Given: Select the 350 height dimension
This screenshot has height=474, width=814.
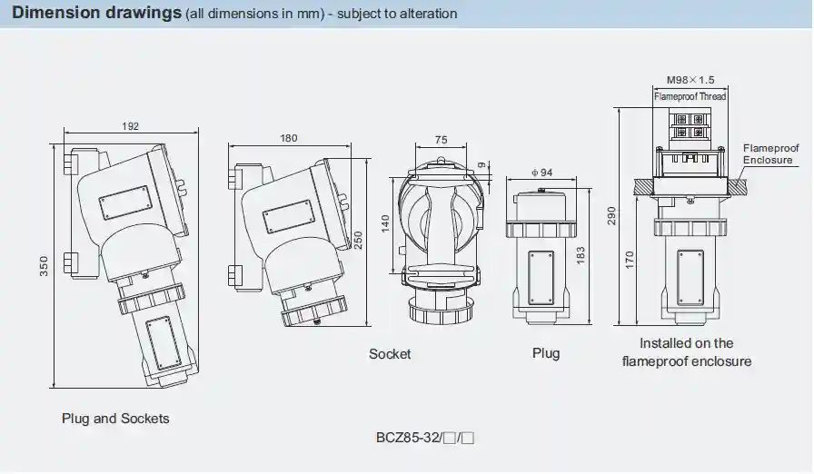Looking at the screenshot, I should click(x=45, y=265).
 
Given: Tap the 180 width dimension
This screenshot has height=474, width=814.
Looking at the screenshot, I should click(x=288, y=139).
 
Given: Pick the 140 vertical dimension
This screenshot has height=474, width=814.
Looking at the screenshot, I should click(x=385, y=224).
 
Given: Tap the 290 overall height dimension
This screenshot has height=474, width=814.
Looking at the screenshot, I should click(x=611, y=215).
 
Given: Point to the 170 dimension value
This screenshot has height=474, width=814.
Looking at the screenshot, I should click(x=630, y=260).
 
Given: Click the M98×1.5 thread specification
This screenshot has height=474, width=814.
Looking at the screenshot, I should click(x=690, y=80).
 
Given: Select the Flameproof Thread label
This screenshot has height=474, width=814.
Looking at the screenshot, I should click(x=690, y=96).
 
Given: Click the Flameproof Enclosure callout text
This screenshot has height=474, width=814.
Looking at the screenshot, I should click(x=770, y=154).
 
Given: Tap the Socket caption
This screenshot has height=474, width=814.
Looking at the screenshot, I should click(x=390, y=354).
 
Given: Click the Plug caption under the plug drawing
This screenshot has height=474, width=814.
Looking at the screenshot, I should click(x=546, y=353).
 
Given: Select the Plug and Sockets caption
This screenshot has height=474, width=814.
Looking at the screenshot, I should click(x=115, y=419).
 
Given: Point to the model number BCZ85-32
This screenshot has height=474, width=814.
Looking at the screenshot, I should click(x=408, y=438).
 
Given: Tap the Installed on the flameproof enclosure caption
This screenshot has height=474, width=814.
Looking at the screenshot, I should click(x=686, y=352).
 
